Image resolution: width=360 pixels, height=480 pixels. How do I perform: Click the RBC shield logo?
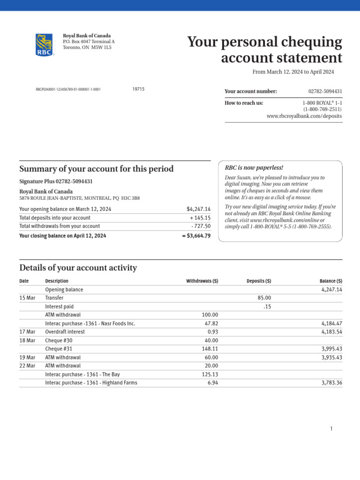click(x=44, y=45)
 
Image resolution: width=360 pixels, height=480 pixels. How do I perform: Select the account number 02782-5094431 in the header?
click(x=325, y=91)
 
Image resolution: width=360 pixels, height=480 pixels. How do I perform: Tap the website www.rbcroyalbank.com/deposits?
click(x=304, y=116)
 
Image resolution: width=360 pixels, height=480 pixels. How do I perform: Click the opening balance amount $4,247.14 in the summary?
click(x=198, y=209)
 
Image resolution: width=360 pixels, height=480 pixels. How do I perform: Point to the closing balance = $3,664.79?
click(x=196, y=236)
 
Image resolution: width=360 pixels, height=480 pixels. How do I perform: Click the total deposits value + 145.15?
click(x=200, y=217)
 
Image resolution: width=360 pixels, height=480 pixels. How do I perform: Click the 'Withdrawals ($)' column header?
click(x=202, y=281)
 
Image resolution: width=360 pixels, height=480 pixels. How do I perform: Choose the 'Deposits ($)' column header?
click(x=259, y=281)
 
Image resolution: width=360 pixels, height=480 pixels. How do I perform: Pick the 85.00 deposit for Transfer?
click(x=264, y=298)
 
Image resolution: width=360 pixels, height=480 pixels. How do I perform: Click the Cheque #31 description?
click(x=59, y=349)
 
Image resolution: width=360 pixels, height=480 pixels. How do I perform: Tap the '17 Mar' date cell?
click(x=27, y=332)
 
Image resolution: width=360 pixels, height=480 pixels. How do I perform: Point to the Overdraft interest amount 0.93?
click(x=212, y=332)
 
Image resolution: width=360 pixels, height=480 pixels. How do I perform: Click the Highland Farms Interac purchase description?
click(x=91, y=382)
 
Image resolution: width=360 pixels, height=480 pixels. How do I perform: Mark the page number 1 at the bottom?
click(x=331, y=428)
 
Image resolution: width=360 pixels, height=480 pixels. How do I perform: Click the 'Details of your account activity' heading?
click(x=78, y=268)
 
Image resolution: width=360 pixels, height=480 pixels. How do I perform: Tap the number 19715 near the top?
click(x=138, y=89)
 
